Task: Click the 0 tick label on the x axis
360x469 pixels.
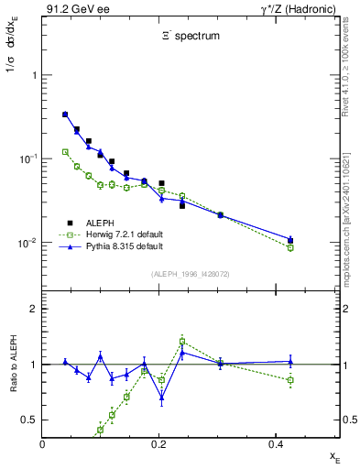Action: (x=43, y=443)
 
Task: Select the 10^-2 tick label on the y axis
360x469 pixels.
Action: (x=27, y=243)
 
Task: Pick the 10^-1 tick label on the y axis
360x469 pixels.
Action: (x=27, y=159)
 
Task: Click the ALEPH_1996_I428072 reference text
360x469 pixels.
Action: (x=191, y=274)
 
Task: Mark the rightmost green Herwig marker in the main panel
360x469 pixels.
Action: (x=290, y=247)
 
